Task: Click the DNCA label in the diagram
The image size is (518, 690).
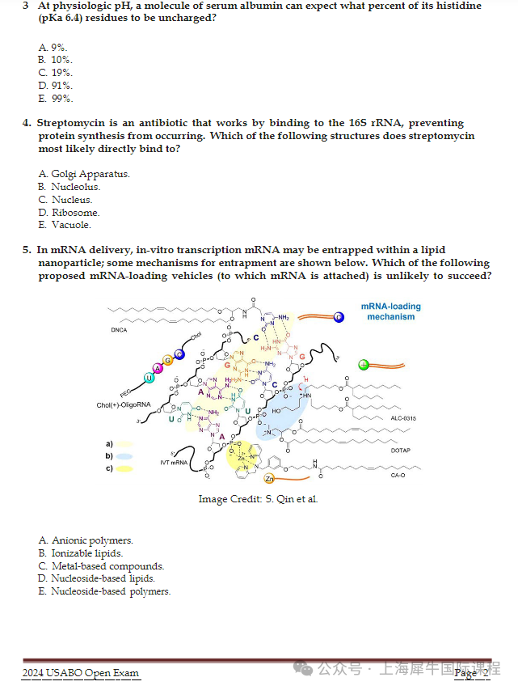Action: (120, 330)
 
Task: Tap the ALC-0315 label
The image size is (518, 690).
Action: (402, 418)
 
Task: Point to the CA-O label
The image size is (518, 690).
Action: (398, 476)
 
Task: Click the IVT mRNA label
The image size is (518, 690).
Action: (174, 462)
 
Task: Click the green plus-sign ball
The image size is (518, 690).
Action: (364, 364)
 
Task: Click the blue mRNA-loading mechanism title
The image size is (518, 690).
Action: (390, 311)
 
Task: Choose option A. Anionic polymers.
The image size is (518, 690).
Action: (86, 540)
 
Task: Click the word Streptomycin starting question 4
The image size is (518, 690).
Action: (70, 123)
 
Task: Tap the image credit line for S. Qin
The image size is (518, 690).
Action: (259, 499)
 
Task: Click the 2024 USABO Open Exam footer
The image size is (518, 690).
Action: (80, 673)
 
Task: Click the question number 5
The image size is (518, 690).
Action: (27, 250)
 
